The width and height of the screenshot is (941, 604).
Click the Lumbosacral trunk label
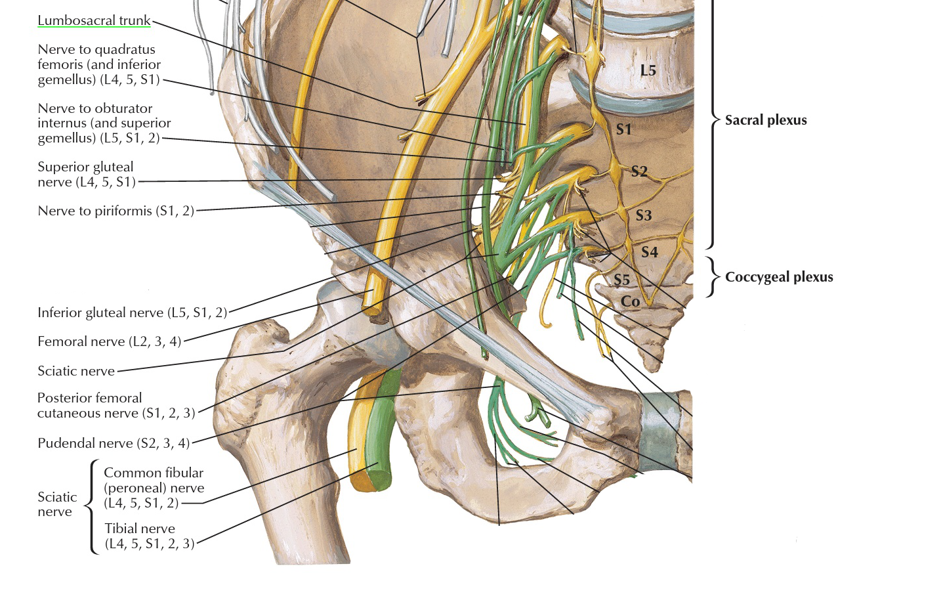coord(94,20)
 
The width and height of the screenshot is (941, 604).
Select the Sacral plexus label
coord(765,120)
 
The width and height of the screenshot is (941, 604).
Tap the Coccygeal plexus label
coord(778,277)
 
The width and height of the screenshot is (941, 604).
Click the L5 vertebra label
coord(648,70)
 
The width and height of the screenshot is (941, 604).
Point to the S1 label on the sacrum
coord(623,129)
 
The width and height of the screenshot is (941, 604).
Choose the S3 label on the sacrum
coord(643,215)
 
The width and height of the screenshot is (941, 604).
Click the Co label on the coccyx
coord(630,301)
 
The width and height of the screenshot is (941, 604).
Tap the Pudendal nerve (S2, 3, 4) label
coord(114,443)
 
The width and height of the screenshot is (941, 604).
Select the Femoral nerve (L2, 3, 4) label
coord(109,341)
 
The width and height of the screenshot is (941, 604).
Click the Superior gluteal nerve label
coord(86,175)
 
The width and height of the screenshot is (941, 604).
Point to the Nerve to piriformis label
coord(115,211)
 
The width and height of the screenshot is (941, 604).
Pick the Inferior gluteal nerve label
coord(132,313)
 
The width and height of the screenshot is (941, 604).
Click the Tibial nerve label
coord(150,536)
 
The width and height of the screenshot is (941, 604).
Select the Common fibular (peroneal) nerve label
coord(154,488)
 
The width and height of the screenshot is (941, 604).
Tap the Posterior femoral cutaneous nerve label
coord(116,406)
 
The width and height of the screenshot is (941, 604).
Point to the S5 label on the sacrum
coord(621,280)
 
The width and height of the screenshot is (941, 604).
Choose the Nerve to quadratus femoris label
coord(99,64)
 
